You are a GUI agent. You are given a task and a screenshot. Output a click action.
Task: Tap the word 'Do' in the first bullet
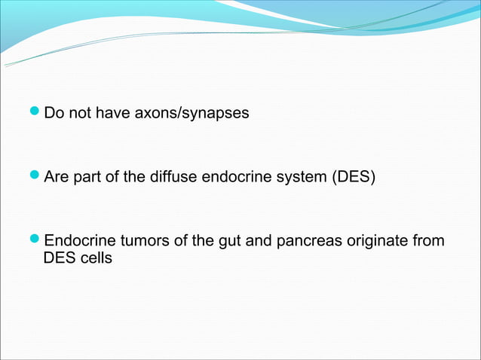54,114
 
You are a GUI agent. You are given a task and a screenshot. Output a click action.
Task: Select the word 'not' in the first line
78,114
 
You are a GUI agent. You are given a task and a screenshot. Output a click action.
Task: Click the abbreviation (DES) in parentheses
354,178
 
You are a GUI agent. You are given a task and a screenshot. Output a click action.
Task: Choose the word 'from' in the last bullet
429,241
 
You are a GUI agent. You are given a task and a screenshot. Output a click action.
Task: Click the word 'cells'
94,258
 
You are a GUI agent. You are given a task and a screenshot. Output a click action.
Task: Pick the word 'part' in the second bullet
89,178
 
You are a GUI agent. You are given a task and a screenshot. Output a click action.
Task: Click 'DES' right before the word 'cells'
58,258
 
